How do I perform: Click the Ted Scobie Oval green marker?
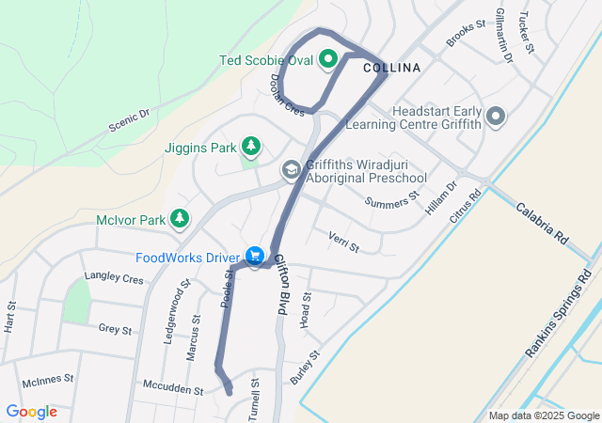click(x=328, y=60)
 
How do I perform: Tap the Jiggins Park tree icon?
click(x=250, y=147)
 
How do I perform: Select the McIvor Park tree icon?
click(x=179, y=219)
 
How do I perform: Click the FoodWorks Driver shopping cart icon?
click(x=254, y=256)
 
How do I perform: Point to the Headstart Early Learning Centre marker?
click(x=496, y=117)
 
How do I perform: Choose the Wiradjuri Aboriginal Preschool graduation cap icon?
click(x=292, y=170)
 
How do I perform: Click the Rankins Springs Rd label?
click(x=562, y=321)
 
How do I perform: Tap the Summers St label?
click(x=391, y=200)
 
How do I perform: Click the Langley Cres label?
click(x=114, y=279)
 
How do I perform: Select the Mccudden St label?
click(x=173, y=388)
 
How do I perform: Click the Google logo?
click(x=31, y=411)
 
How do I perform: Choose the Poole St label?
click(x=227, y=287)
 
